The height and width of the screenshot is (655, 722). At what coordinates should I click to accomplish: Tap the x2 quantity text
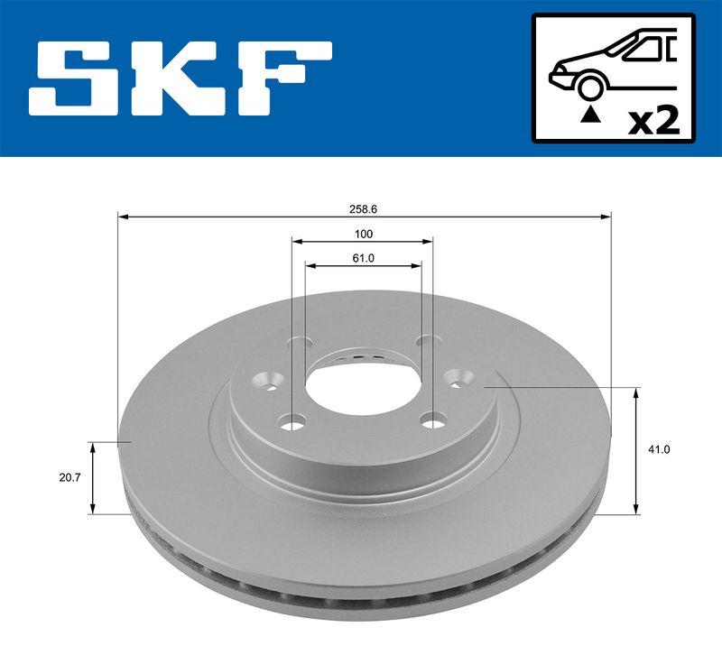tap(653, 120)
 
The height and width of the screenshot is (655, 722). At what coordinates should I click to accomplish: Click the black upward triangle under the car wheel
tap(590, 114)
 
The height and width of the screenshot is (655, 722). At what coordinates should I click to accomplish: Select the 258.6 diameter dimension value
tap(363, 208)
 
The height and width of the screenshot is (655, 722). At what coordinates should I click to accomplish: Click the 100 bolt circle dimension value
tap(363, 234)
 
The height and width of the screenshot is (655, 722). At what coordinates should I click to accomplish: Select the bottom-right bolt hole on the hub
tap(436, 420)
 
